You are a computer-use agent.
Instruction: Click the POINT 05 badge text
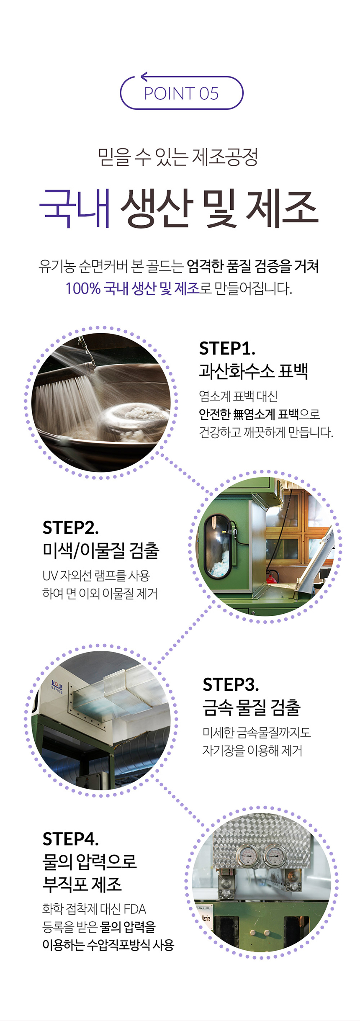click(x=181, y=94)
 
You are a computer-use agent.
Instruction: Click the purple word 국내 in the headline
click(x=75, y=208)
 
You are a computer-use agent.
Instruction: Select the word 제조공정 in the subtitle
click(x=225, y=157)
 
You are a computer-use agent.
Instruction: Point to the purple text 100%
click(x=83, y=288)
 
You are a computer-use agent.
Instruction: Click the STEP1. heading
click(x=227, y=348)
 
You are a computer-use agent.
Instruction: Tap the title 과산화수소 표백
click(x=254, y=371)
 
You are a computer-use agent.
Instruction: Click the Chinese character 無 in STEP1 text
click(x=238, y=414)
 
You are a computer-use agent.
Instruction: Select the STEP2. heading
click(x=70, y=528)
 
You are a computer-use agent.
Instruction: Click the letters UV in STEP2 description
click(x=50, y=576)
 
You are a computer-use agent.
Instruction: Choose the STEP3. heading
click(x=231, y=685)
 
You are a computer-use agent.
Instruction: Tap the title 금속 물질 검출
click(x=252, y=707)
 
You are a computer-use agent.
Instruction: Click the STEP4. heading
click(x=70, y=839)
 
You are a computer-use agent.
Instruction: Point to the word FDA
click(x=135, y=909)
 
